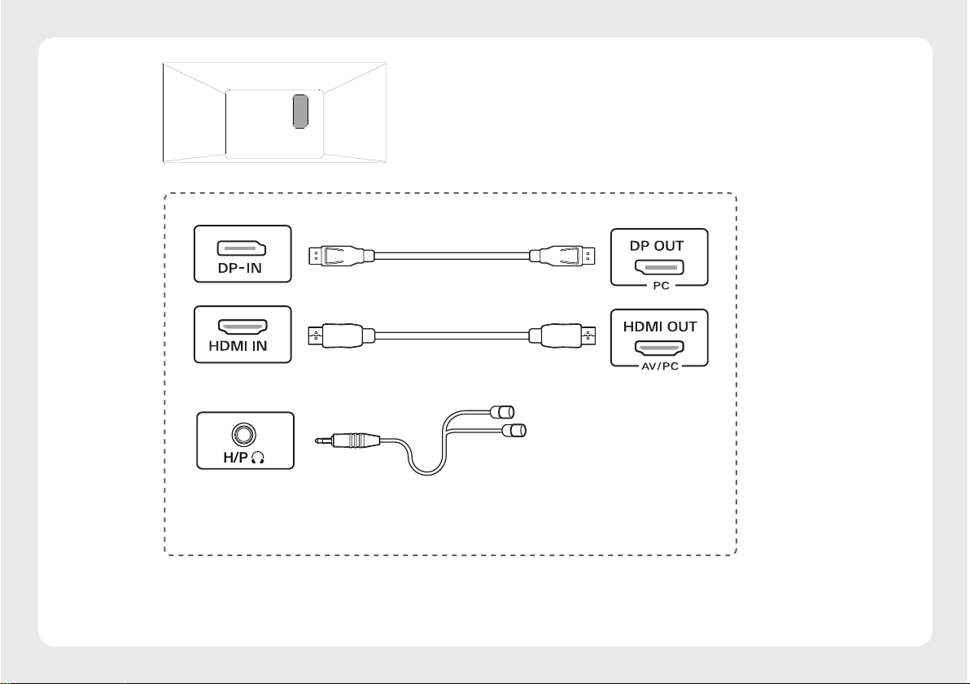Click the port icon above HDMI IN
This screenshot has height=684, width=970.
pos(242,327)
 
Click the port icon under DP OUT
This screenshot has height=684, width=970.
pos(659,266)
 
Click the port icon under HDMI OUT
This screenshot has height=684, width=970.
pos(659,347)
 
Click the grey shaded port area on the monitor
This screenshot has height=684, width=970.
pos(300,111)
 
